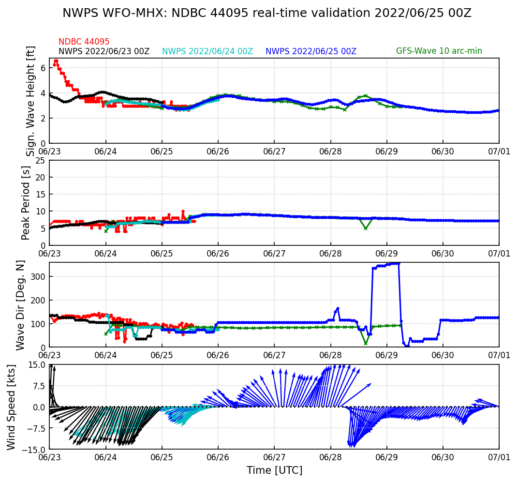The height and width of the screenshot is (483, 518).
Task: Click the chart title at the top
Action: pos(266,14)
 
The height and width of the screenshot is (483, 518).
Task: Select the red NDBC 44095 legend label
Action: pos(84,42)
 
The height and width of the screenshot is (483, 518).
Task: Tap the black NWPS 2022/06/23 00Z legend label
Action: pos(104,51)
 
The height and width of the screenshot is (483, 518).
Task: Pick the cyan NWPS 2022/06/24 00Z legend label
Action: pos(207,51)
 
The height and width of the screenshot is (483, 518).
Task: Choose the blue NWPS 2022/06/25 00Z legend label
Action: pos(311,51)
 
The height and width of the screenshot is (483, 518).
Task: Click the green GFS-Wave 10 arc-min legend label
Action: pos(439,51)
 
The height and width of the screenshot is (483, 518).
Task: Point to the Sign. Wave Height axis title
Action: pos(31,101)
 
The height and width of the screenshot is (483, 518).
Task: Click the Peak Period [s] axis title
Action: pos(26,203)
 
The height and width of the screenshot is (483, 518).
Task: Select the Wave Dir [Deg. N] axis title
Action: pos(20,305)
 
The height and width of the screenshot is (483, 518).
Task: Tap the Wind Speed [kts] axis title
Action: pos(12,407)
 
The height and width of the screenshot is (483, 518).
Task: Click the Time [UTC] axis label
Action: pos(274,470)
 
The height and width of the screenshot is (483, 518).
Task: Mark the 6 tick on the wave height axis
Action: pos(43,68)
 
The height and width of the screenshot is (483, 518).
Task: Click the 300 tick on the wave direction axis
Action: pos(39,276)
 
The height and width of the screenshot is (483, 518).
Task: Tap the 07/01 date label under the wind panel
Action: pos(499,457)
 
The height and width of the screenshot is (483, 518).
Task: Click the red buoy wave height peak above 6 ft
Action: pos(56,61)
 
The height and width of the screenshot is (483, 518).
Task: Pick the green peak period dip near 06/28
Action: pos(366,228)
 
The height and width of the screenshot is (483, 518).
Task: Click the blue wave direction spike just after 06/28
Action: pos(338,308)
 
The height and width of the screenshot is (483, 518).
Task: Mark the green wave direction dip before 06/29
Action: pos(366,344)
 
